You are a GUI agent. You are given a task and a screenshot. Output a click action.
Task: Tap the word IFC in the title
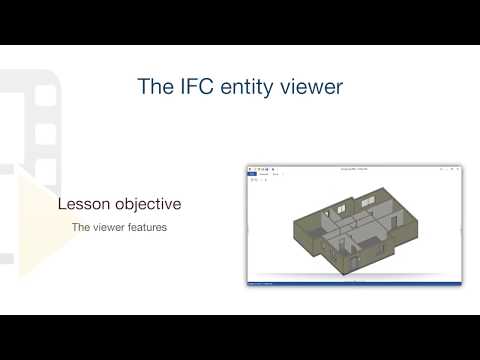pyautogui.click(x=195, y=87)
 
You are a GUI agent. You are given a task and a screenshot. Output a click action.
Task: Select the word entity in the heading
pyautogui.click(x=245, y=87)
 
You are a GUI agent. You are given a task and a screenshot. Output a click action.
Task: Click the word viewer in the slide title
pyautogui.click(x=311, y=87)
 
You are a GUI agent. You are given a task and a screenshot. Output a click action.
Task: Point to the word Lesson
pyautogui.click(x=84, y=204)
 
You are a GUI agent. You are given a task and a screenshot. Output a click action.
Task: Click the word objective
pyautogui.click(x=147, y=204)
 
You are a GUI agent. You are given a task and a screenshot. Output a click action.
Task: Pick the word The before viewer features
pyautogui.click(x=80, y=228)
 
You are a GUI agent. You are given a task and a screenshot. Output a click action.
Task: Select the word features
pyautogui.click(x=148, y=228)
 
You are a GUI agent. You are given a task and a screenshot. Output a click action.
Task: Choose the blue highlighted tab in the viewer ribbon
pyautogui.click(x=252, y=174)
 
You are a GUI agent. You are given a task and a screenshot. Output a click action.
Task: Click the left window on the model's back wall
pyautogui.click(x=342, y=210)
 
